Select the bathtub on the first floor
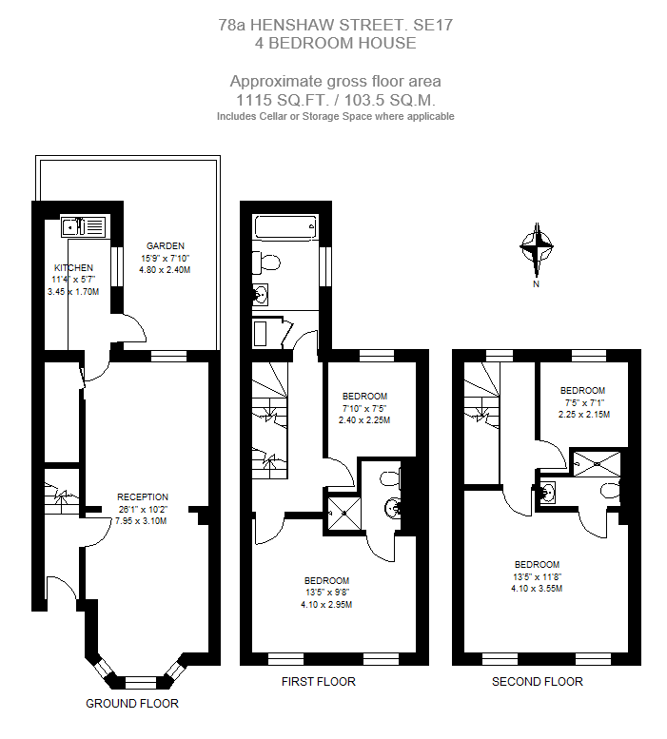click(x=284, y=226)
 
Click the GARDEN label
click(x=166, y=246)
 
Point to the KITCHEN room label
click(x=74, y=268)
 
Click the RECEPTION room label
click(x=143, y=496)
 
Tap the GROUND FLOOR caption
click(x=132, y=704)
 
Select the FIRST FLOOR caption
click(x=319, y=682)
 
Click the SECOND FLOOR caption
click(x=537, y=682)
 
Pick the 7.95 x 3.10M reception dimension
click(x=141, y=520)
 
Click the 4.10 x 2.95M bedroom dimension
click(x=326, y=604)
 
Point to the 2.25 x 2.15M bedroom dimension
click(x=583, y=414)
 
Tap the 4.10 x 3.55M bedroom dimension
click(x=538, y=588)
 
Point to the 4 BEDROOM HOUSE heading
click(x=335, y=43)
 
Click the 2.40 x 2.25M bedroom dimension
click(x=365, y=419)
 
